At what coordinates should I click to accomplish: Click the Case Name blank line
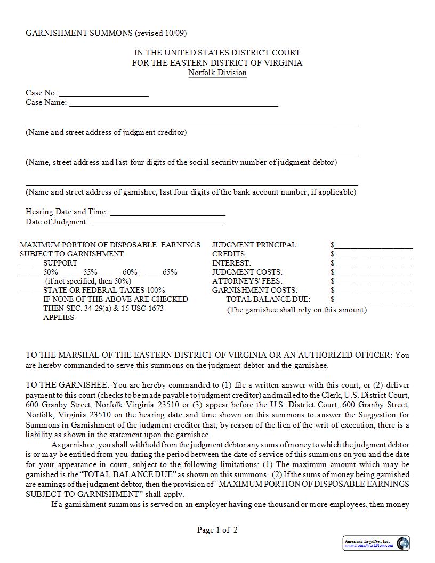173,103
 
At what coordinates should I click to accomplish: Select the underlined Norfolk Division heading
217,73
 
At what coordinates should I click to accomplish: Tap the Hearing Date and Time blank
167,212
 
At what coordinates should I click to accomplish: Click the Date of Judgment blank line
156,222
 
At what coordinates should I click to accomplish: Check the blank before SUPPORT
31,263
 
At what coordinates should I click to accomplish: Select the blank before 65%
151,272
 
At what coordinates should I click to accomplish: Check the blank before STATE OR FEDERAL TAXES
31,291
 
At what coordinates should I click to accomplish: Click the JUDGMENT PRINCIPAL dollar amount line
374,245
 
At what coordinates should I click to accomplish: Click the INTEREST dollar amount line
374,263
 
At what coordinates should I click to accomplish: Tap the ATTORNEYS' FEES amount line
374,281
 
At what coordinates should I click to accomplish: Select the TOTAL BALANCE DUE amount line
374,300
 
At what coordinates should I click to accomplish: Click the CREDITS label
229,254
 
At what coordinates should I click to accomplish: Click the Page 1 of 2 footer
217,530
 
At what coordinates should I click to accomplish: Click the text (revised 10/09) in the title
160,33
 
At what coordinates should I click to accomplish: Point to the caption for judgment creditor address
106,132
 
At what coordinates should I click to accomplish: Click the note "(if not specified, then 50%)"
88,281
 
